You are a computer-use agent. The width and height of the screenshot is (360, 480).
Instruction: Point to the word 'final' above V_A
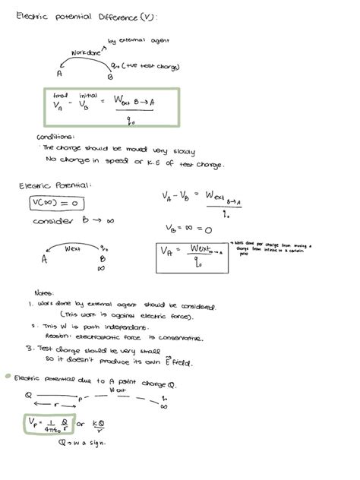coord(60,95)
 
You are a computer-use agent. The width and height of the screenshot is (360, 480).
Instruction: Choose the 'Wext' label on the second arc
coord(73,248)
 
